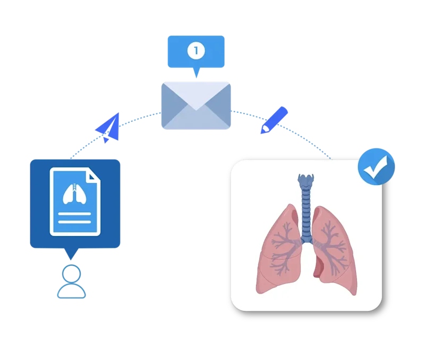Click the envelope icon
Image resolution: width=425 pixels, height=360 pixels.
[x=197, y=106]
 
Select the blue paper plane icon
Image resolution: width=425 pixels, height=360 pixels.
[x=107, y=128]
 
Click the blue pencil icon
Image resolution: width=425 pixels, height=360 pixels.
[x=274, y=120]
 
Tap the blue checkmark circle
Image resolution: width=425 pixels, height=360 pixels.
[x=376, y=166]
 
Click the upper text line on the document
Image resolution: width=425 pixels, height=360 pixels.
[x=75, y=214]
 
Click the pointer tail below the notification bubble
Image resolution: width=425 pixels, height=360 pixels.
[x=197, y=73]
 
